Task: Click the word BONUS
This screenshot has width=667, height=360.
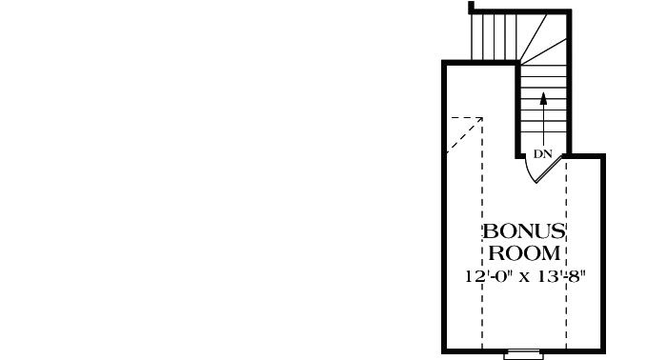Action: click(x=524, y=231)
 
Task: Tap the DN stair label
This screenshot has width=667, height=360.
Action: click(x=543, y=153)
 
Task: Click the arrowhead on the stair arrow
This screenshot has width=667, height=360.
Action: click(x=543, y=96)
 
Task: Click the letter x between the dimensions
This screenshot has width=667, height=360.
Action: click(x=527, y=279)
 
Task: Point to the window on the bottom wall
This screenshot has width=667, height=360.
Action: click(x=523, y=354)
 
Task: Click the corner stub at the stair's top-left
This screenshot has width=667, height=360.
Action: click(x=472, y=8)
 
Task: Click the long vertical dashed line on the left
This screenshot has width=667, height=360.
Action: click(x=482, y=238)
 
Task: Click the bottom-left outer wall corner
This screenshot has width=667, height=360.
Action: click(x=445, y=350)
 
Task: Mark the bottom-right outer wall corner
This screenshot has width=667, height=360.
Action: click(x=604, y=350)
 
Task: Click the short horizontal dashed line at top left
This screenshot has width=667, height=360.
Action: click(x=466, y=118)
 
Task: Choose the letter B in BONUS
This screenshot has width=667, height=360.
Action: click(x=489, y=231)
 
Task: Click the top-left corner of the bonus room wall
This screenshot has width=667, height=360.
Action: click(x=445, y=64)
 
